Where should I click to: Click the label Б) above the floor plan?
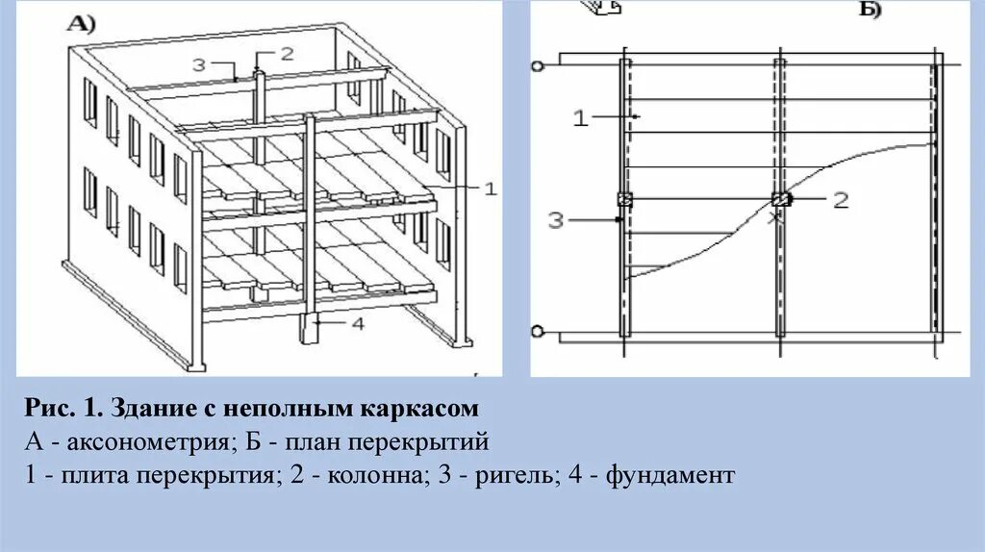coord(869,11)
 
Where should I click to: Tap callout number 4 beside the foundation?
coord(357,324)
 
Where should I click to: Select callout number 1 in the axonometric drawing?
coord(489,189)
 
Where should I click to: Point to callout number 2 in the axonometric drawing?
coord(286,53)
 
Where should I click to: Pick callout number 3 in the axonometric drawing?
coord(199,64)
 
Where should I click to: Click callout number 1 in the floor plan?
coord(579,118)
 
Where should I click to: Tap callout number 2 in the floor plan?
coord(841,200)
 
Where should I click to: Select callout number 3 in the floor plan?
coord(556,220)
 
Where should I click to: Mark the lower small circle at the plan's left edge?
coord(538,333)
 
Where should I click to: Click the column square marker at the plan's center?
coord(780,199)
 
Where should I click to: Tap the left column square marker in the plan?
coord(624,200)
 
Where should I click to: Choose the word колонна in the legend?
coord(381,475)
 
